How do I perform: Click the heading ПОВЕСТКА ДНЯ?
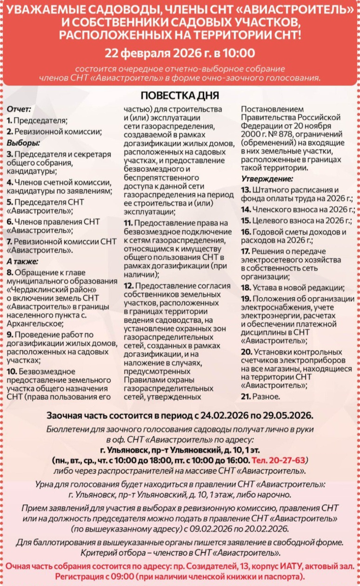[x=180, y=96]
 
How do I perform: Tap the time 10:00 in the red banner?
[x=239, y=53]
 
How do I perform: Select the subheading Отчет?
[x=19, y=109]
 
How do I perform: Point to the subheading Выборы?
[x=23, y=143]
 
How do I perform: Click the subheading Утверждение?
[x=267, y=179]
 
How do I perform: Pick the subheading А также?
[x=22, y=262]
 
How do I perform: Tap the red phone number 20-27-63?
[x=287, y=460]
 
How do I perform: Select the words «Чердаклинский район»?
[x=51, y=290]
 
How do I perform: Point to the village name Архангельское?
[x=34, y=323]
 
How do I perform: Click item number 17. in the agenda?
[x=245, y=252]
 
